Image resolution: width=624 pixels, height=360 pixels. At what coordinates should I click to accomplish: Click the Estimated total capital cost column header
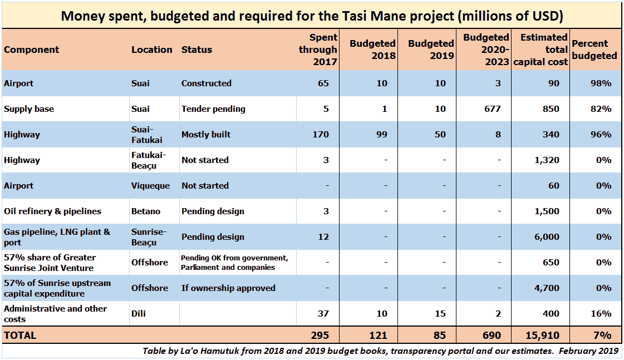tap(540, 50)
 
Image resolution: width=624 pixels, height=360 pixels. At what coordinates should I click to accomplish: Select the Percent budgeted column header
tap(594, 50)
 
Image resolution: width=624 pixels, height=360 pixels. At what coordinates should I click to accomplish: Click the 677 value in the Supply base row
tap(493, 109)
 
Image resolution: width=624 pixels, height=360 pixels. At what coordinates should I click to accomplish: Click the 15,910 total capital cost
tap(543, 336)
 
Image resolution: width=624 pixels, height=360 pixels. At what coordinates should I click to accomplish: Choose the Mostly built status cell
tap(206, 135)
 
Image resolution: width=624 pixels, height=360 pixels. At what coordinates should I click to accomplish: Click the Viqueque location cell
tap(150, 186)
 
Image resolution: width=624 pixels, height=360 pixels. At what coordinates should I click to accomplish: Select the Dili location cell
tap(139, 314)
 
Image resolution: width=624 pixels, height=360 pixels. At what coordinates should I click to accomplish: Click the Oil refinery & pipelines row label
tap(53, 211)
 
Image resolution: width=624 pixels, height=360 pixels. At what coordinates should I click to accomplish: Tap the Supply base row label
tap(29, 109)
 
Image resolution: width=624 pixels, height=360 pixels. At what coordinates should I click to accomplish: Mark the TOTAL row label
tap(20, 336)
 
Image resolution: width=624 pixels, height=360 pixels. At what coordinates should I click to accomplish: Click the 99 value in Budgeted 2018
tap(381, 135)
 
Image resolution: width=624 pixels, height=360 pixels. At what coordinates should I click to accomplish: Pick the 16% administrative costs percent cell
tap(601, 314)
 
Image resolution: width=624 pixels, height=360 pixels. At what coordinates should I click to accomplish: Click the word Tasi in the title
tap(365, 16)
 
